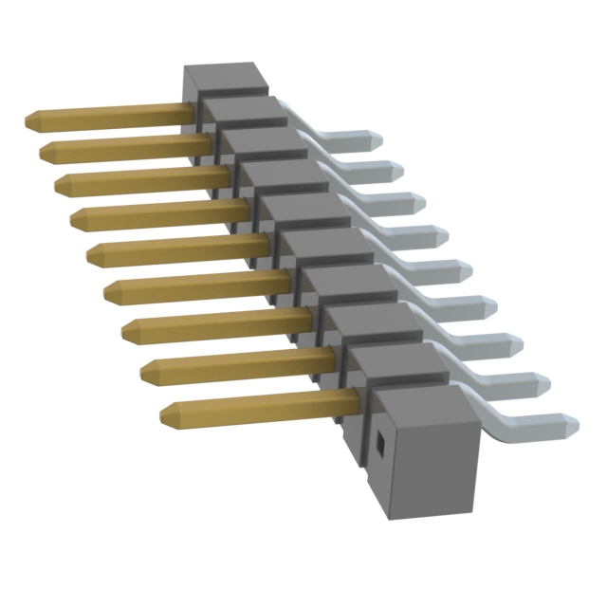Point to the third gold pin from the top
142,176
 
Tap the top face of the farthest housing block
220,75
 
